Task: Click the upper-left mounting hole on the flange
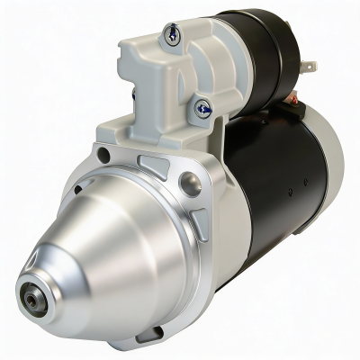(104, 156)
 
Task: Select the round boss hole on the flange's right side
(190, 185)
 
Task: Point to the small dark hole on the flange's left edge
(77, 190)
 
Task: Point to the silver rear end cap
(328, 148)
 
